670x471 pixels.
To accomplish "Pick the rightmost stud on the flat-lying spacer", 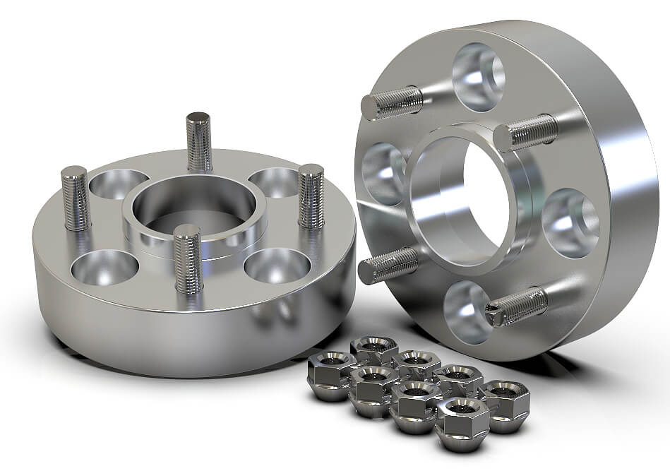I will pyautogui.click(x=311, y=196).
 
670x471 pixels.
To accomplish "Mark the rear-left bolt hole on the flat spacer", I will pyautogui.click(x=118, y=183).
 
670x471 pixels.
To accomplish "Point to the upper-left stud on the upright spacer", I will pyautogui.click(x=393, y=103).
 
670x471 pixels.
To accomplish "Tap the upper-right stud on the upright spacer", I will pyautogui.click(x=525, y=132).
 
